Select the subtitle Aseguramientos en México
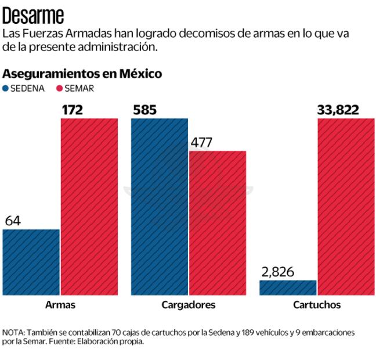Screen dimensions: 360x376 [x=82, y=74]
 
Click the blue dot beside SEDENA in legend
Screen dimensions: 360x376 [x=6, y=89]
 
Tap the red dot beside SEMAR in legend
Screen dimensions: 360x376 [x=59, y=89]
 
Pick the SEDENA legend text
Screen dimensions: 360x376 [x=28, y=89]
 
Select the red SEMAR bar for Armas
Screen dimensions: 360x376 [x=89, y=207]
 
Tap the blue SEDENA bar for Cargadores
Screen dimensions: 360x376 [x=160, y=207]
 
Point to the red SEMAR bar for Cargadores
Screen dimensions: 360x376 [x=218, y=223]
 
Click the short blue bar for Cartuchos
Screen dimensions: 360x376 [x=288, y=287]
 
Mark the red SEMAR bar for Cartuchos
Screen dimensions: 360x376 [x=346, y=207]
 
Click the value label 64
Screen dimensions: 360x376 [x=13, y=221]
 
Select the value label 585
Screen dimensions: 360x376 [x=145, y=109]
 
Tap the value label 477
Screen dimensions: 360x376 [x=201, y=142]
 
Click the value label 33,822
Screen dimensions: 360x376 [x=338, y=109]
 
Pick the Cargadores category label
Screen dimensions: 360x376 [x=189, y=305]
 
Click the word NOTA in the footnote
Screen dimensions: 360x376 [x=14, y=332]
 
